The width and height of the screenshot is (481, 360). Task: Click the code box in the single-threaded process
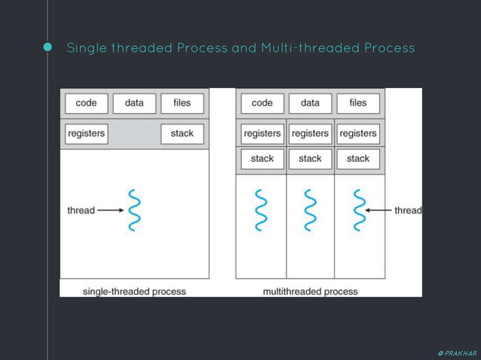point(86,103)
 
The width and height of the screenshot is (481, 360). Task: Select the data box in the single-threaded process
point(134,103)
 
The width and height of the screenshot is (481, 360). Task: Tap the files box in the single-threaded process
point(182,103)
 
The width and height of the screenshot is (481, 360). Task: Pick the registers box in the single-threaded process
point(86,134)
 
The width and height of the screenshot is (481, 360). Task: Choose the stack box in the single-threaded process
point(182,134)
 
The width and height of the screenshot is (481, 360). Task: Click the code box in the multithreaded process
point(262,103)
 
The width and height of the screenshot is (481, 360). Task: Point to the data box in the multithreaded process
point(310,103)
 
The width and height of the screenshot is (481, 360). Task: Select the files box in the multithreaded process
point(358,103)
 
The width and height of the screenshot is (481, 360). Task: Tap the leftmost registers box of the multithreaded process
point(262,134)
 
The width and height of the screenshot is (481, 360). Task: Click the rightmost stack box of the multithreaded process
point(358,159)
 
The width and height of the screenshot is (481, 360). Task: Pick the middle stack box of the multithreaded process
point(310,159)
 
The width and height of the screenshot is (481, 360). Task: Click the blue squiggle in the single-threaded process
point(135,210)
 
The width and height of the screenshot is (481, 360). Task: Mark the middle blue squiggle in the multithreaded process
point(310,210)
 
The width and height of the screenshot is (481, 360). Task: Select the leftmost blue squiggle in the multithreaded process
point(262,210)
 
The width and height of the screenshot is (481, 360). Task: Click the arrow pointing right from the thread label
point(110,210)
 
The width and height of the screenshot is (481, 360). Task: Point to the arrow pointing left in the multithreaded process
point(380,210)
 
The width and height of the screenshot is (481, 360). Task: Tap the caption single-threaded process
point(134,291)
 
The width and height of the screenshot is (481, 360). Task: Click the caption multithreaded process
point(311,291)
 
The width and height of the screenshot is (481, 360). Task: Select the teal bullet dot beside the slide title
point(48,47)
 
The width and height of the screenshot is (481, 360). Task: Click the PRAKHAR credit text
point(457,352)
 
